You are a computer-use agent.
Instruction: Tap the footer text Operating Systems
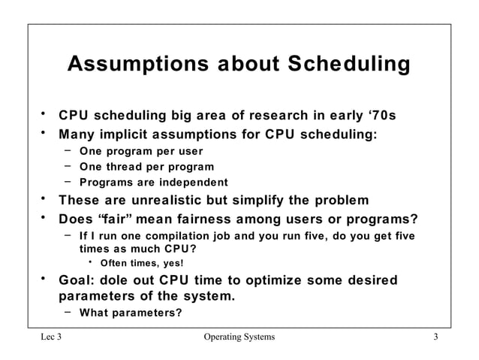click(239, 337)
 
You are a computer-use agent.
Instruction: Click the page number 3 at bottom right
click(435, 337)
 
